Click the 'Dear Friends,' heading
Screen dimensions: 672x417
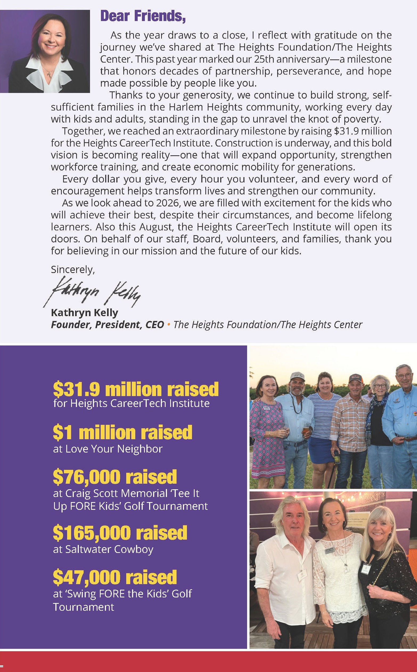[x=143, y=16]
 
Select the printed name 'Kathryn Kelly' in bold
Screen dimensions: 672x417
[x=84, y=312]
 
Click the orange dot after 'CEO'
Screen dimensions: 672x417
[x=169, y=325]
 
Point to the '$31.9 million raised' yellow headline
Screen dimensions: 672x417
[x=136, y=389]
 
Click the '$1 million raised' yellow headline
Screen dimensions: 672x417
[x=122, y=432]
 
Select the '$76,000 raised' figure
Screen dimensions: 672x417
[x=115, y=477]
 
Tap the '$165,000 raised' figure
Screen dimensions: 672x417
[x=120, y=532]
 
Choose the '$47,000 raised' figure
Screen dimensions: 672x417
[x=115, y=577]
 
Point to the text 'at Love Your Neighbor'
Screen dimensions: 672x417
[x=108, y=449]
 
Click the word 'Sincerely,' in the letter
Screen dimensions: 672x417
[x=73, y=270]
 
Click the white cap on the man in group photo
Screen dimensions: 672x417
[x=297, y=376]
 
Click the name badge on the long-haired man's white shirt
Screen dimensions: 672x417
[x=302, y=575]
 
